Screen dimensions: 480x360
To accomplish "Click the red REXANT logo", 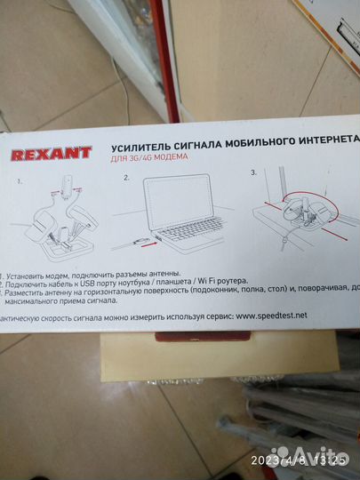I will (51, 154).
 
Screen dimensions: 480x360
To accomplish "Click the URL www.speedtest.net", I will (271, 316).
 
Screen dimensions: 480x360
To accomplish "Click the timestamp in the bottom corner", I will (300, 460).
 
